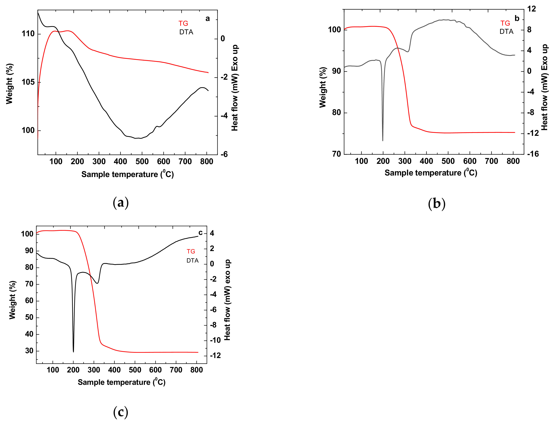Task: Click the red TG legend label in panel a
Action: tap(183, 23)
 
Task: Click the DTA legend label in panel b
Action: tap(506, 32)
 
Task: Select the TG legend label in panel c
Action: tap(191, 251)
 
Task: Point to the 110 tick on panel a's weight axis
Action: tap(28, 34)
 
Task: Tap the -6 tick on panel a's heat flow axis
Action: tap(224, 154)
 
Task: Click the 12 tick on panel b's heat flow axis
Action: tap(532, 9)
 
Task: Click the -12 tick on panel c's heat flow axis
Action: tap(215, 356)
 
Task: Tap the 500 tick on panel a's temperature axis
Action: tap(142, 162)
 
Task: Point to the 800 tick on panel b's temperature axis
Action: tap(513, 161)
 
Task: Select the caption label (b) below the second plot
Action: tap(436, 204)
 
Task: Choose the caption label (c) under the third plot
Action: tap(121, 412)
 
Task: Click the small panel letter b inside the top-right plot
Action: tap(517, 19)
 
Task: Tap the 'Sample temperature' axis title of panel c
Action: tap(121, 382)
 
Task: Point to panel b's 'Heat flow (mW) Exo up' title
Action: tap(544, 87)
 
